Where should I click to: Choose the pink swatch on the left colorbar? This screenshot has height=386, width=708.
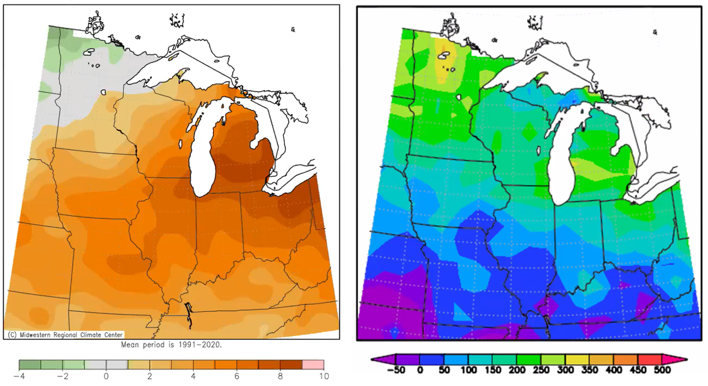[x=313, y=365]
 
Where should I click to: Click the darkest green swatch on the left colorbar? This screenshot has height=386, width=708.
[x=30, y=365]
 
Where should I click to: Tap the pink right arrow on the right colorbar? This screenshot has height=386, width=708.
[x=675, y=359]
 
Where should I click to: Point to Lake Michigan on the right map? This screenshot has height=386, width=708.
[x=566, y=171]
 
